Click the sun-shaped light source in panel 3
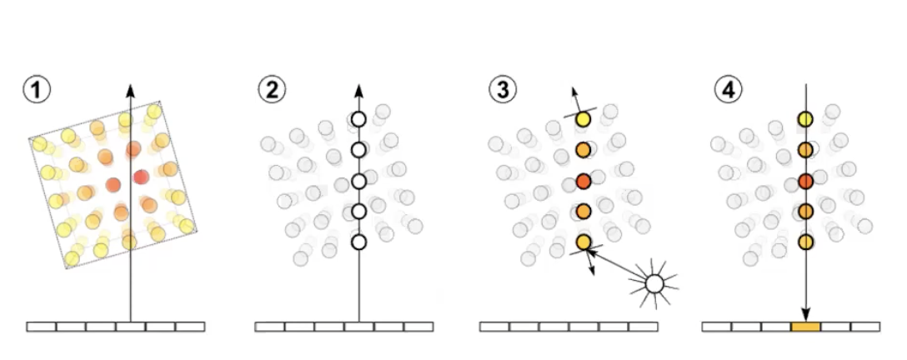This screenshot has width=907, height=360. click(x=654, y=284)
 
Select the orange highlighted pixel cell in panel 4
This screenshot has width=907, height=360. click(x=805, y=327)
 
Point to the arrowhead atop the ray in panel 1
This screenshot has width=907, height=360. click(x=130, y=89)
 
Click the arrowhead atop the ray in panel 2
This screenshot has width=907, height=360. click(x=358, y=89)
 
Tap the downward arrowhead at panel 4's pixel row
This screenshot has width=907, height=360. click(x=805, y=315)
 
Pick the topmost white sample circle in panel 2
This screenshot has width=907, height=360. click(x=358, y=119)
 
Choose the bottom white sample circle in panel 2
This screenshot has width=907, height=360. click(x=358, y=242)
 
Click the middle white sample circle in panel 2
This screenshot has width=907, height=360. click(x=358, y=181)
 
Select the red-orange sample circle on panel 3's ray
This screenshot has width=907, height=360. click(x=584, y=181)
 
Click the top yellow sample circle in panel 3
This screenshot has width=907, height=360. click(x=583, y=119)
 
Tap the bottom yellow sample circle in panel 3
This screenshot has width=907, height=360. click(x=584, y=242)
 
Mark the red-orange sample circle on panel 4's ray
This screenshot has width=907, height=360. click(x=805, y=181)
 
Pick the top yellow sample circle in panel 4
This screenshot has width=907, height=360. click(x=805, y=119)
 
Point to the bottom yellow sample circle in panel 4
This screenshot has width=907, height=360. click(x=805, y=242)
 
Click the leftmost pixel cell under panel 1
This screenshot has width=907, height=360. click(x=42, y=327)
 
